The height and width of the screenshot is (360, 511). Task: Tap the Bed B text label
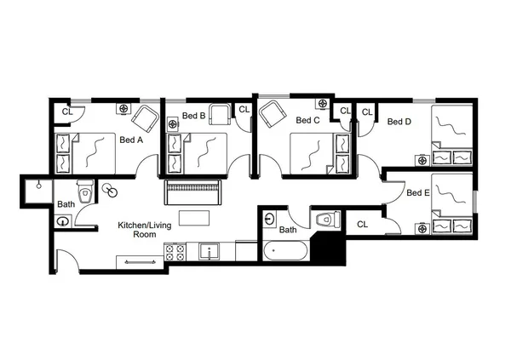click(193, 116)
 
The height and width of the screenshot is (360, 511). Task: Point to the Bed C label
click(307, 121)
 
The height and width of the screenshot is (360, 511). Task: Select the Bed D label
click(399, 122)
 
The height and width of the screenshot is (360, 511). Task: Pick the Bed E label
click(417, 193)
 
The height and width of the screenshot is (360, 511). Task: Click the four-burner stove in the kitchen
click(175, 253)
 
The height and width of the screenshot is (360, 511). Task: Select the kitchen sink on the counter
click(210, 252)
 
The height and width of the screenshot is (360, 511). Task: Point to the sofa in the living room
click(193, 191)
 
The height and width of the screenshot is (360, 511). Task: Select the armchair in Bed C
click(273, 112)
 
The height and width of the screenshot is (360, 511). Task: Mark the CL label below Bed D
click(362, 225)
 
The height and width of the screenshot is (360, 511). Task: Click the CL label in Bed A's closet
click(66, 111)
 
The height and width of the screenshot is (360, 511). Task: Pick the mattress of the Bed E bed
click(448, 198)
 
